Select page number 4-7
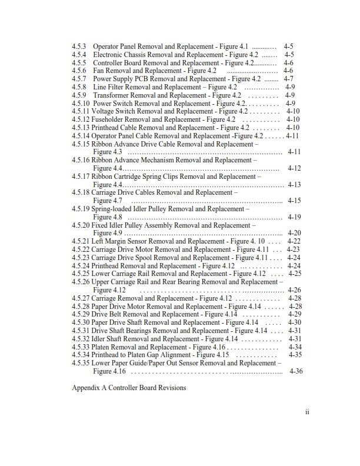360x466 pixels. (x=288, y=79)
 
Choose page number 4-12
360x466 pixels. (x=294, y=168)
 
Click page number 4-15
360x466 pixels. (x=294, y=201)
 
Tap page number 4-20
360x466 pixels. (x=294, y=233)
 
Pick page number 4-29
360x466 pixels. (x=294, y=314)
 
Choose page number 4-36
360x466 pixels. (x=296, y=371)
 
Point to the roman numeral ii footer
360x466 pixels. (x=307, y=412)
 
